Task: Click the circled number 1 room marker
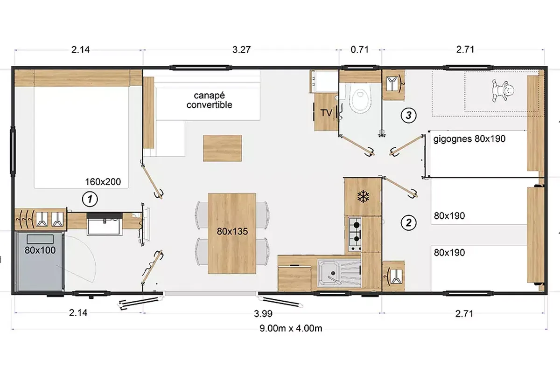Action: pos(90,199)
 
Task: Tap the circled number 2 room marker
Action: pos(408,222)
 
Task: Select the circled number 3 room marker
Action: pos(408,115)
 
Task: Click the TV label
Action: pos(326,113)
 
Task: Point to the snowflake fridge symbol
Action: pos(363,196)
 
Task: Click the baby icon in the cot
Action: pos(503,90)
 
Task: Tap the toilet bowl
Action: pos(360,97)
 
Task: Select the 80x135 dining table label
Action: pos(232,232)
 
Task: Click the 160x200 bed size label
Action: pos(103,182)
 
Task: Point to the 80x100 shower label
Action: pos(40,250)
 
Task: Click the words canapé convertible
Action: pos(209,100)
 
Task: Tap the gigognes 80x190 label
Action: pos(469,139)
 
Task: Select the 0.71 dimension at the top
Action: pos(359,50)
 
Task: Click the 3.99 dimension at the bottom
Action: pos(263,314)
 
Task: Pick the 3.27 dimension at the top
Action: pos(241,50)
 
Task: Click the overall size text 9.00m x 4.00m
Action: pos(291,328)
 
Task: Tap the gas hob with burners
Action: pos(355,234)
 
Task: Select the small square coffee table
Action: pos(223,148)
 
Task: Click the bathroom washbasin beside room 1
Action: pos(105,225)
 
